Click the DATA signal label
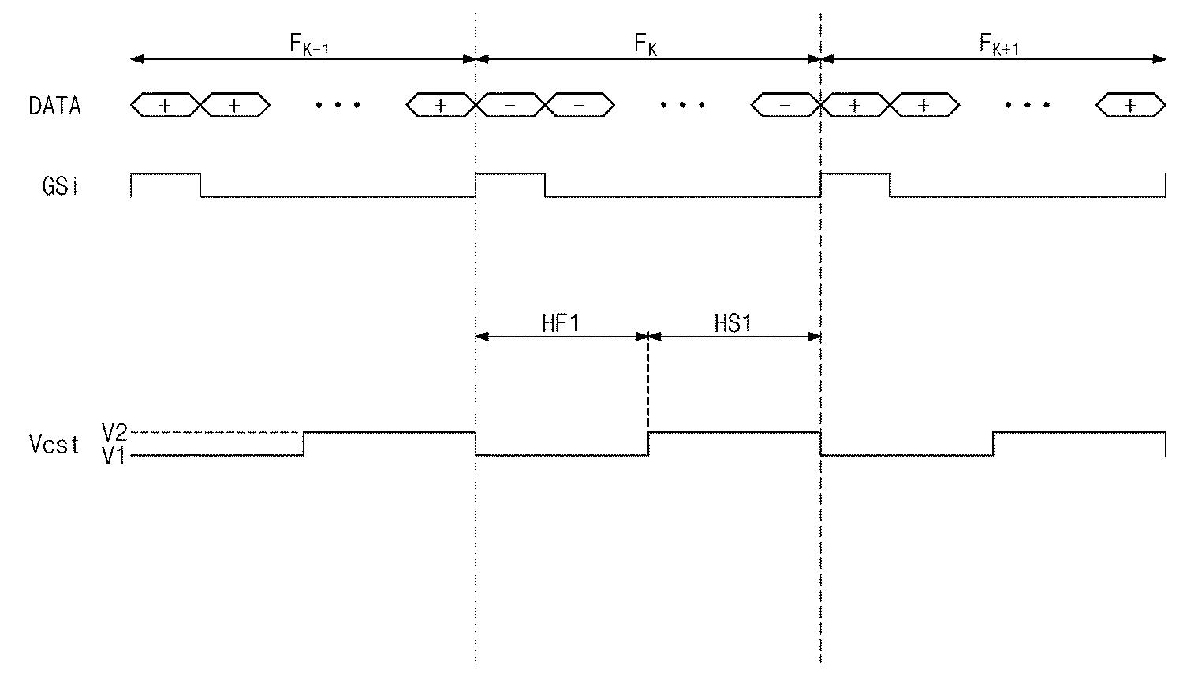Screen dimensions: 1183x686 tap(55, 106)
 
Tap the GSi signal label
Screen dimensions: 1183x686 tap(60, 186)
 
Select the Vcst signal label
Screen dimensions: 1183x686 tap(54, 445)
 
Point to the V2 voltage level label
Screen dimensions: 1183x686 tap(114, 433)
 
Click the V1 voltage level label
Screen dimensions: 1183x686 tap(114, 456)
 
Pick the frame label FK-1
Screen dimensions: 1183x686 tap(309, 44)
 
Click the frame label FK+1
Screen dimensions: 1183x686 tap(998, 44)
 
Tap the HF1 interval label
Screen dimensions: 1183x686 tap(560, 323)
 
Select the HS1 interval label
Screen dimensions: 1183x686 tap(733, 323)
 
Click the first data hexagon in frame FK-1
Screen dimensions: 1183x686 tap(166, 105)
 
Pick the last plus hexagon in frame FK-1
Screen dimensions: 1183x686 tap(441, 105)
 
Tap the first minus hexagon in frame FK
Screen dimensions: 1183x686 tap(510, 105)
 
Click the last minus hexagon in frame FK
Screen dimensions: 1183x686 tap(786, 105)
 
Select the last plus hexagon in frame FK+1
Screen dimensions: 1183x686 tap(1131, 105)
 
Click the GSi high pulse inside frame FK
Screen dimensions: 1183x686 tap(510, 173)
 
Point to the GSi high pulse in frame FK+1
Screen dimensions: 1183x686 tap(855, 173)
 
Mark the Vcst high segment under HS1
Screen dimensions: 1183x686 tap(734, 433)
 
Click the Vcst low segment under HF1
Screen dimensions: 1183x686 tap(562, 455)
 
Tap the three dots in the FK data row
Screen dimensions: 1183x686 tap(683, 105)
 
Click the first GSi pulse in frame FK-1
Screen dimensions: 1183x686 tap(166, 173)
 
